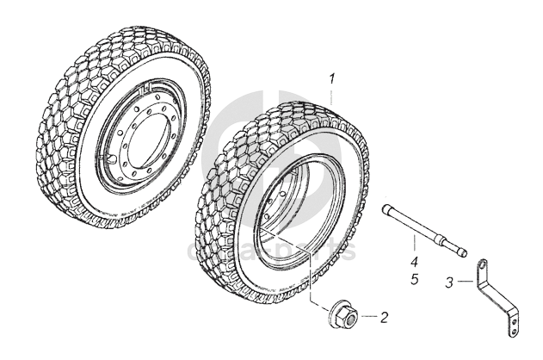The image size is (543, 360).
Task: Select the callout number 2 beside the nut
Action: point(384,317)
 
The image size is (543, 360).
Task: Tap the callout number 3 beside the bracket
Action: point(448,282)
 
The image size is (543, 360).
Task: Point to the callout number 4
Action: point(414,262)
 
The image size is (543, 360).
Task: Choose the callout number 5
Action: point(414,279)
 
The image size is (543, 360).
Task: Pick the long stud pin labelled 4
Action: point(423,227)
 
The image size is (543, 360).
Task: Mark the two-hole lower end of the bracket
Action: point(514,325)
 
